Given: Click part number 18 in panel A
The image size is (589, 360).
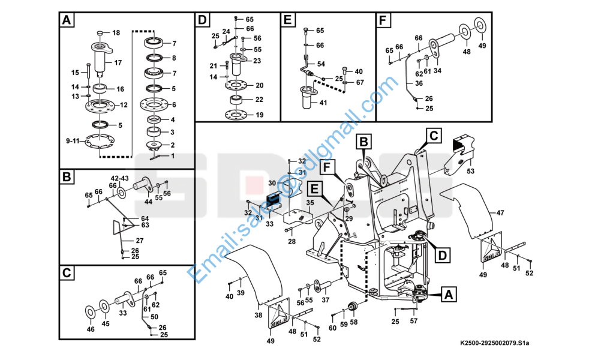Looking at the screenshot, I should coord(116,32).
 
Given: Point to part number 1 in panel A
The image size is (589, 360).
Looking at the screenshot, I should coord(173,156).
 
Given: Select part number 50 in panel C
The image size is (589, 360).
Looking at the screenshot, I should coord(154,316).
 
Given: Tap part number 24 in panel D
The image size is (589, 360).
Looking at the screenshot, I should coord(226,31).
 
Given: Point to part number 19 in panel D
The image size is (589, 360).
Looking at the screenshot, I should coord(259,115).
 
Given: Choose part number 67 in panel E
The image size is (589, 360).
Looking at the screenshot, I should coord(359,82).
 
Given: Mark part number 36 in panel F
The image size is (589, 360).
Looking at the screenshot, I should coord(419,83).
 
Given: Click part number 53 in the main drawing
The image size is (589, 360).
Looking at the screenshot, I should coord(470,171).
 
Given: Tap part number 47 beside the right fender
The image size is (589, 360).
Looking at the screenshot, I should coord(500,212).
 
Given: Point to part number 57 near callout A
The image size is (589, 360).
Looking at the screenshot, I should coord(414,321).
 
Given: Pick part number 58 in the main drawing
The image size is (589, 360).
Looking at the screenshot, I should coord(353,322).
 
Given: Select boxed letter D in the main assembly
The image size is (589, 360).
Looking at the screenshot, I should coord(441,255).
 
